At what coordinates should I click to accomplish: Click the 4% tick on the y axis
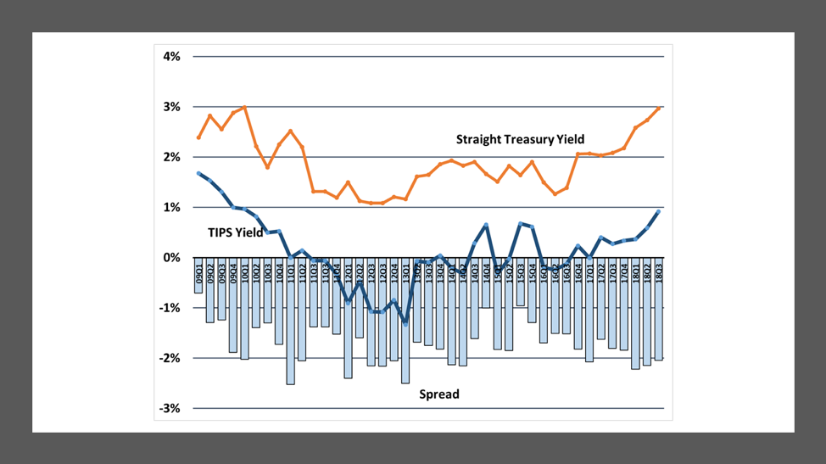[x=172, y=57]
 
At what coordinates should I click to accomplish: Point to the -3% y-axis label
[x=170, y=408]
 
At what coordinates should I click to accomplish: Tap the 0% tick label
[x=172, y=258]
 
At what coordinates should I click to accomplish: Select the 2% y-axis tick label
[x=172, y=157]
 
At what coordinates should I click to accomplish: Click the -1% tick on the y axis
[x=170, y=308]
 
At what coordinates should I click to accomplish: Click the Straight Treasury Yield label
[x=520, y=139]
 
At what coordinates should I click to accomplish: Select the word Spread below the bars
[x=439, y=394]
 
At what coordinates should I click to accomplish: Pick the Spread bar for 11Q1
[x=291, y=339]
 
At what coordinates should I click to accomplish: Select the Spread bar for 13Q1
[x=405, y=339]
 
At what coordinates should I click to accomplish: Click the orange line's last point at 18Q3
[x=659, y=108]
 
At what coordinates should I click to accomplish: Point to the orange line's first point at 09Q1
[x=198, y=137]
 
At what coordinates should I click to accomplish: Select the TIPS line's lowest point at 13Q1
[x=405, y=323]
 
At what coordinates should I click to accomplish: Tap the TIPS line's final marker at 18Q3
[x=659, y=211]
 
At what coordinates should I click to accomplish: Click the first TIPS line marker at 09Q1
[x=198, y=173]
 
